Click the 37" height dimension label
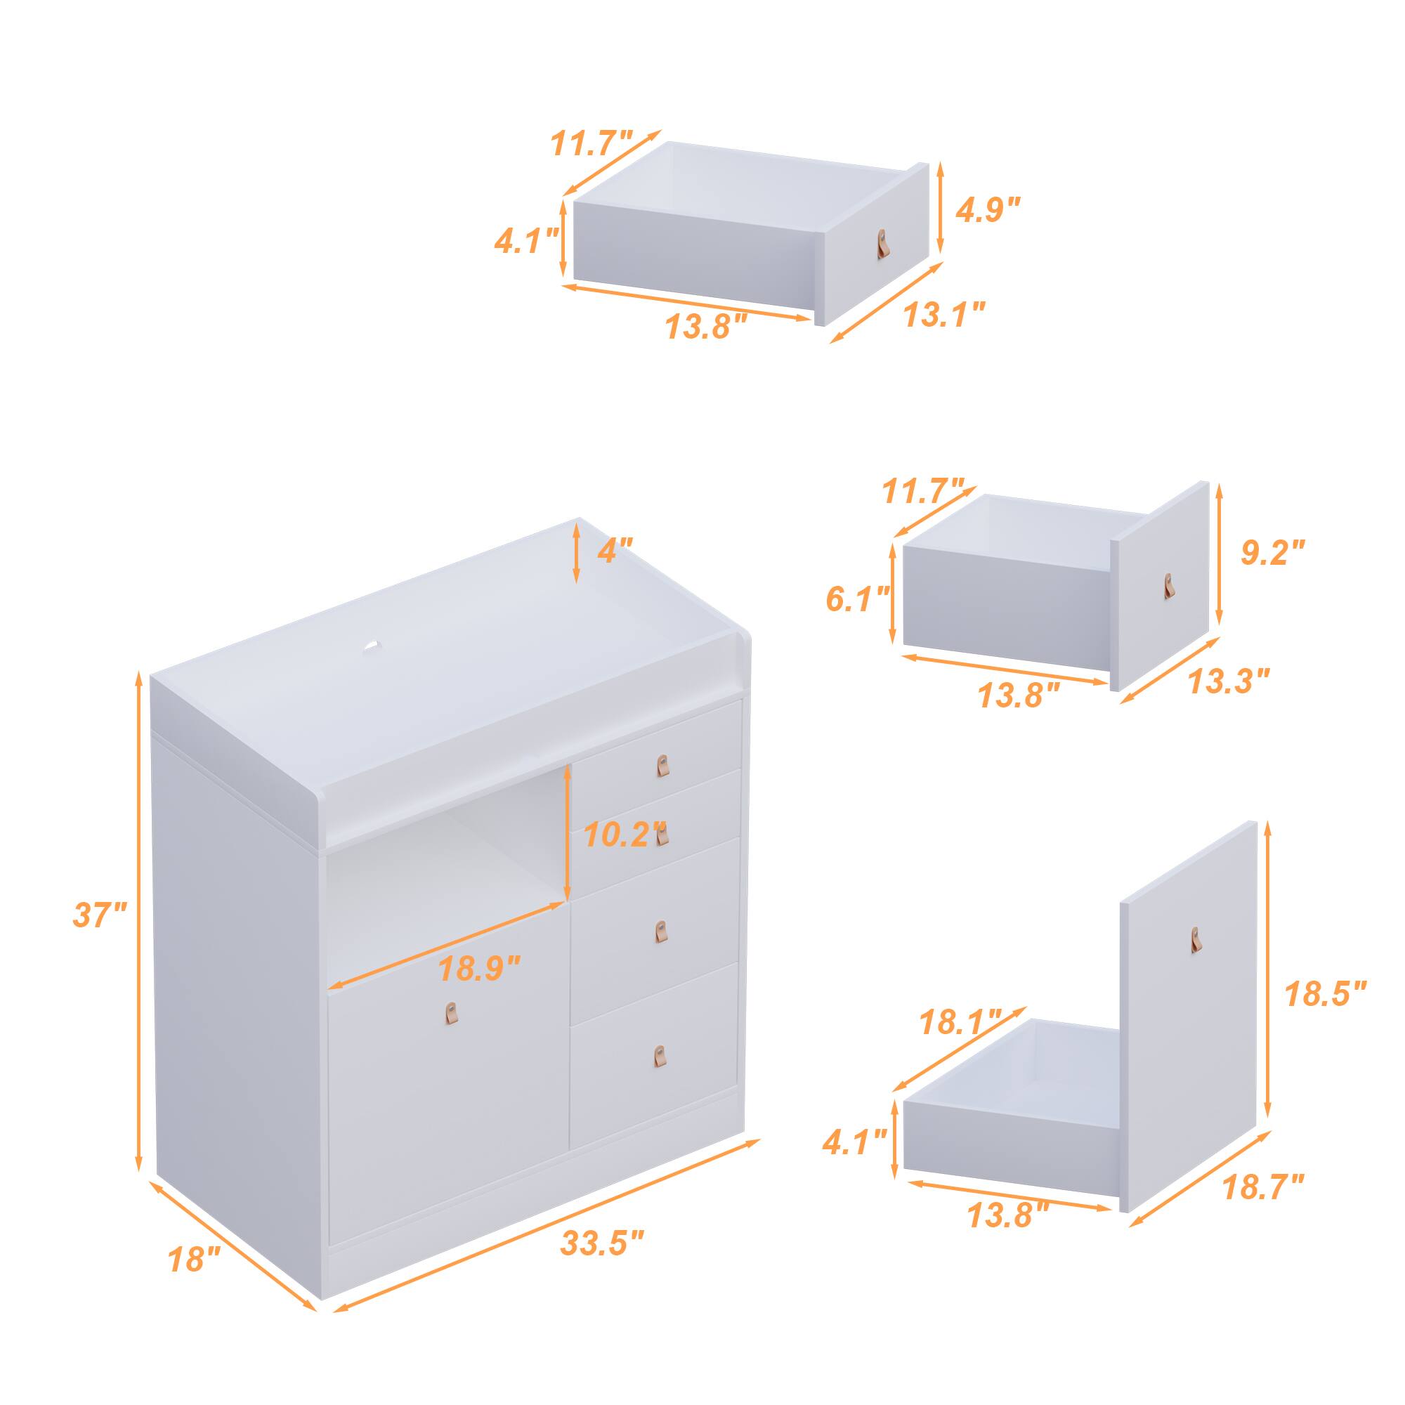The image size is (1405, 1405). [x=100, y=914]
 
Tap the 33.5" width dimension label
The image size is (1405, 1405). [x=602, y=1243]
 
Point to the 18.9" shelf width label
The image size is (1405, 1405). [x=480, y=969]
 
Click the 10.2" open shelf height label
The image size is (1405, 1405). [x=624, y=835]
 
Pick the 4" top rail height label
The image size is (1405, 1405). [x=615, y=550]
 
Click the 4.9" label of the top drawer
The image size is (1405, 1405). [x=988, y=210]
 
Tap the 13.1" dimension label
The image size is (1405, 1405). [x=944, y=315]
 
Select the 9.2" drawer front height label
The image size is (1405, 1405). [x=1273, y=553]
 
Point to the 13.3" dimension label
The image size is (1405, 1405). [x=1229, y=681]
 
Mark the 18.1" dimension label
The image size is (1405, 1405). [x=962, y=1024]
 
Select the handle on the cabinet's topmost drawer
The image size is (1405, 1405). [x=662, y=766]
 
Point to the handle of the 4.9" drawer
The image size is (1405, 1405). [x=883, y=242]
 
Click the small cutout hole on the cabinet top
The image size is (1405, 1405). [x=373, y=646]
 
